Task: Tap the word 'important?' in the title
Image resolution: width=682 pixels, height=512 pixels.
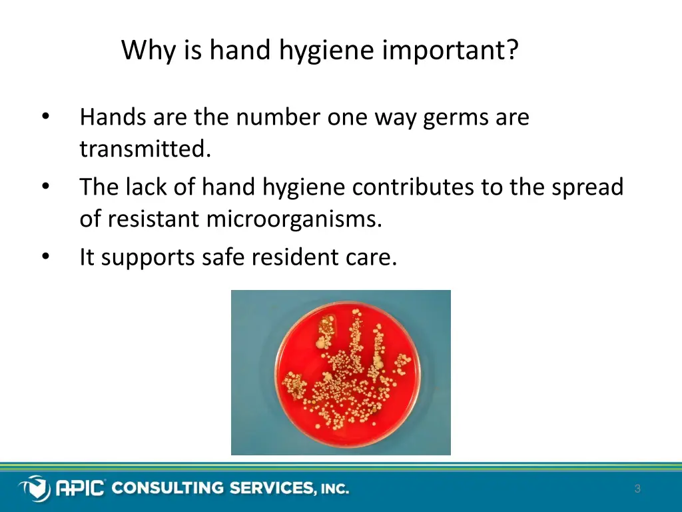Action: [450, 51]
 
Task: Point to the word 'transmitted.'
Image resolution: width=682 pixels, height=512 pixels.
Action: [145, 149]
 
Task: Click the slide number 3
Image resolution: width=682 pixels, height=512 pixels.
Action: [637, 489]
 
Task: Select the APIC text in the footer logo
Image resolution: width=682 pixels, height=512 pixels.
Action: [79, 489]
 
